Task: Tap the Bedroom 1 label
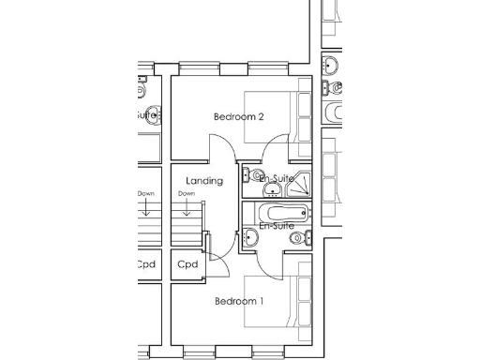pyautogui.click(x=238, y=301)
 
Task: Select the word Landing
pyautogui.click(x=204, y=180)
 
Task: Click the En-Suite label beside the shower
pyautogui.click(x=277, y=178)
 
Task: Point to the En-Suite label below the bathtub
pyautogui.click(x=277, y=226)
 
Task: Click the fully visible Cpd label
pyautogui.click(x=187, y=264)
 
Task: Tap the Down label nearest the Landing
pyautogui.click(x=187, y=194)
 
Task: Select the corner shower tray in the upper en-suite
pyautogui.click(x=302, y=179)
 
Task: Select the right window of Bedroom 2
pyautogui.click(x=267, y=67)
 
